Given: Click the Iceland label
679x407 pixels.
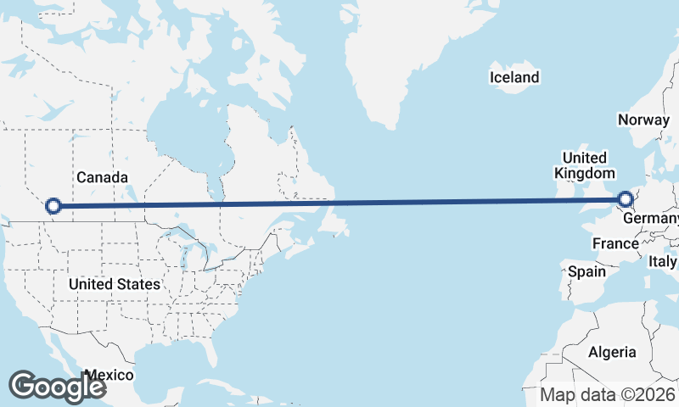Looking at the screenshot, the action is pyautogui.click(x=514, y=78).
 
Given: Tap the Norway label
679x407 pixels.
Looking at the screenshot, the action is pyautogui.click(x=643, y=120).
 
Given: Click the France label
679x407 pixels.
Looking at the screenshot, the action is pyautogui.click(x=614, y=243).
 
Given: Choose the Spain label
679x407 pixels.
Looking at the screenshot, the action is pyautogui.click(x=586, y=272).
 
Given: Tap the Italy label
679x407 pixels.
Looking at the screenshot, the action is pyautogui.click(x=663, y=262).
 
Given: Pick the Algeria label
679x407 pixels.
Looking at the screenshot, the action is pyautogui.click(x=612, y=352).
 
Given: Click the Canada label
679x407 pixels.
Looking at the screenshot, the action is pyautogui.click(x=102, y=177).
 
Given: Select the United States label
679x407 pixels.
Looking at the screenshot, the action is pyautogui.click(x=115, y=284).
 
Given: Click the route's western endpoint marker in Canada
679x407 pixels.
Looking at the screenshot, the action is pyautogui.click(x=53, y=205).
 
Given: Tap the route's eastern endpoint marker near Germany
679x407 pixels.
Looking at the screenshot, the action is pyautogui.click(x=626, y=199).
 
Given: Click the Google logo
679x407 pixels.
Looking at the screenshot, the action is pyautogui.click(x=57, y=386).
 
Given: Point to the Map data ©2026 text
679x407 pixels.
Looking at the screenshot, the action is pyautogui.click(x=608, y=394).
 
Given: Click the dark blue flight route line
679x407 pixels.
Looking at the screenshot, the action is pyautogui.click(x=339, y=203).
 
